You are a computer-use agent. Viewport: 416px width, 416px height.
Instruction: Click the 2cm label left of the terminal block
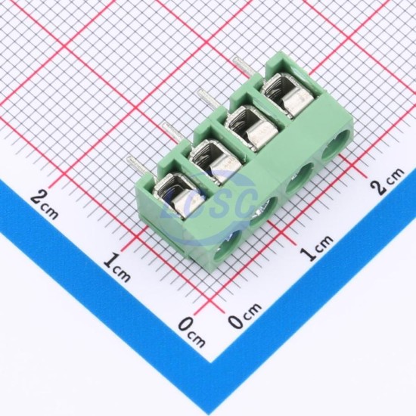click(x=45, y=205)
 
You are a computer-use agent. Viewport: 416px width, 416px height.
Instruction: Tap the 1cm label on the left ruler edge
click(x=116, y=268)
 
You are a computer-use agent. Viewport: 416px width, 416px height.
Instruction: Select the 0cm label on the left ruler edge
click(x=191, y=333)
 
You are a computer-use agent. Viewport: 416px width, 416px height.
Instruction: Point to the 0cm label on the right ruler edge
click(x=244, y=315)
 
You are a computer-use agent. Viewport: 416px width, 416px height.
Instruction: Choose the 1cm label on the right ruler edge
click(x=317, y=248)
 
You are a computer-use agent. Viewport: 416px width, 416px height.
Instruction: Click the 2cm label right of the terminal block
click(x=387, y=181)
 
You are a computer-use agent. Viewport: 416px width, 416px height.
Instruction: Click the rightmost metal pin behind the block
click(x=244, y=67)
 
